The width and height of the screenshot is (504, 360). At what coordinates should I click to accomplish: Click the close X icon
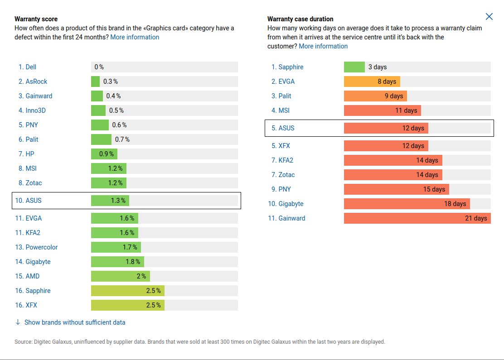489,17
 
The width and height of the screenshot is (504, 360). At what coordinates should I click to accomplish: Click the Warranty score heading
36,19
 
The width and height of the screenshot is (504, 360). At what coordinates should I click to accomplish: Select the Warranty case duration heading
300,19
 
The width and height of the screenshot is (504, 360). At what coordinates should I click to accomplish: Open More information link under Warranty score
135,37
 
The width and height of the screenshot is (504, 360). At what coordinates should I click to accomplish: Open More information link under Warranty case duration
323,46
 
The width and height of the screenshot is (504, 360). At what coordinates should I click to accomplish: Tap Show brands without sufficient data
74,322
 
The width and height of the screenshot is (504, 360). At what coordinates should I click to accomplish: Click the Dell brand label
31,67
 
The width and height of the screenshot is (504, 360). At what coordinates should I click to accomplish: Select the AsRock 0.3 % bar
95,82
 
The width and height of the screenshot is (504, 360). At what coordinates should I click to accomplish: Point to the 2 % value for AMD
141,276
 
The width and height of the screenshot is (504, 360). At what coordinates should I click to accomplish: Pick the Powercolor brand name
41,247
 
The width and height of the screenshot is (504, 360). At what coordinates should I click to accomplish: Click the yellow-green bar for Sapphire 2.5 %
127,291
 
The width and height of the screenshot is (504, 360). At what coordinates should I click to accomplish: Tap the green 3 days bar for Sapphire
354,67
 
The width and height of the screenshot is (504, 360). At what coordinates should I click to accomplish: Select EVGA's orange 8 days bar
372,82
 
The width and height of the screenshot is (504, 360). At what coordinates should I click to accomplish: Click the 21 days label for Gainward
476,218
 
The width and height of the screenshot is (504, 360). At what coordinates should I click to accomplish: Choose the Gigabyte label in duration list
291,204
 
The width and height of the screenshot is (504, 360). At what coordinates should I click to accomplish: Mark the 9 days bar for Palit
375,96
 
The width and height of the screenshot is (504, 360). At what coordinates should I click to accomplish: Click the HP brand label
30,154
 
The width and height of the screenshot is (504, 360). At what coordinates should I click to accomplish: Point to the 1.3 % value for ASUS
118,201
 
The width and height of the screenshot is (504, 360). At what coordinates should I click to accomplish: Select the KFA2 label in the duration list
286,160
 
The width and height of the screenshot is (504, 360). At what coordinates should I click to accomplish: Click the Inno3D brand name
35,110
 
